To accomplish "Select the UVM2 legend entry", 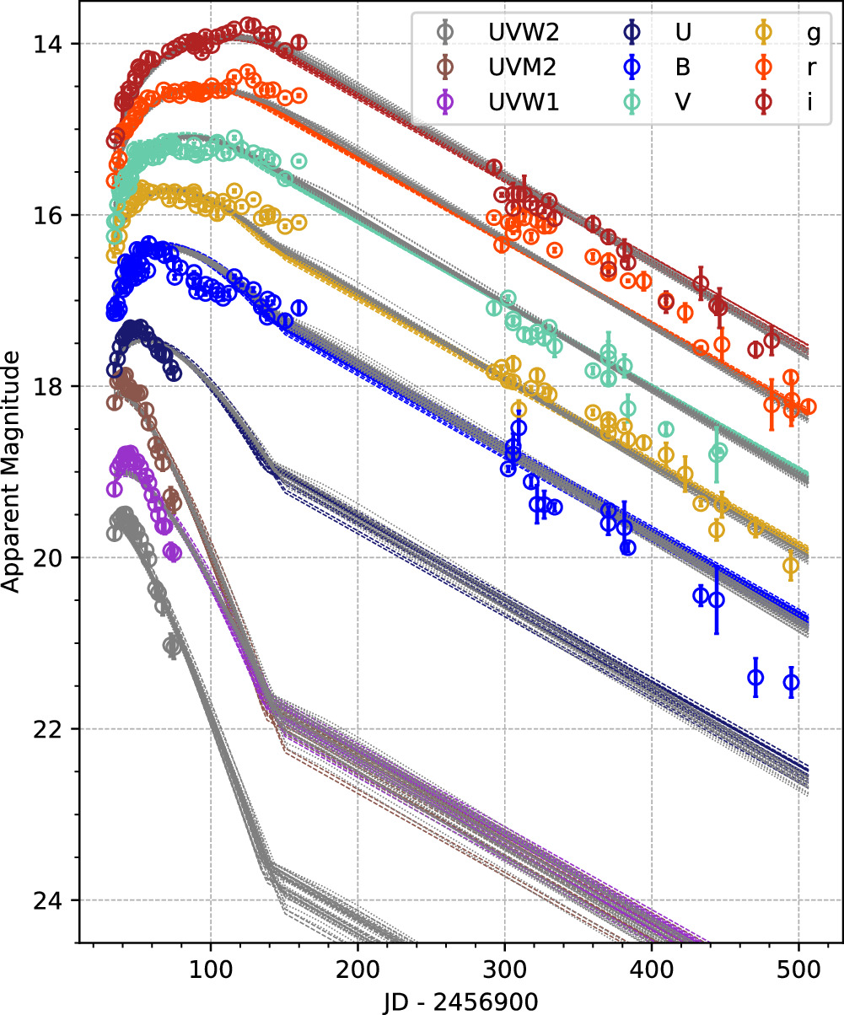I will (x=489, y=67).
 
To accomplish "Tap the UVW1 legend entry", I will (x=489, y=102).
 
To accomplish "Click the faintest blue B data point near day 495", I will (x=791, y=682).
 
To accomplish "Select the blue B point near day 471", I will (x=755, y=677).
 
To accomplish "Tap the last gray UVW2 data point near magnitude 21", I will (x=172, y=647).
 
